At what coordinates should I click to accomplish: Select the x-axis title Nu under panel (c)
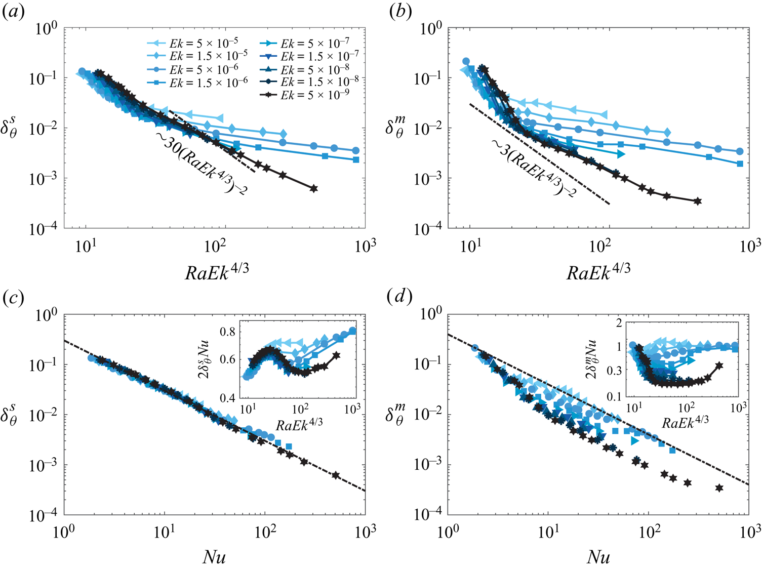214,557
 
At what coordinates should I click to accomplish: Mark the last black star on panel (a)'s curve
313,189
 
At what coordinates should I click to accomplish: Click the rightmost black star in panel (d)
719,488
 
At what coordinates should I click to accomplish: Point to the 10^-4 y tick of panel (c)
44,515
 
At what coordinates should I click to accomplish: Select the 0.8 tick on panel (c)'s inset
227,332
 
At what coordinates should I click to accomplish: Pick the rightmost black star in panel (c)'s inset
336,355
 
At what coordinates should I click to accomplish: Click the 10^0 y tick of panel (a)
47,28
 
